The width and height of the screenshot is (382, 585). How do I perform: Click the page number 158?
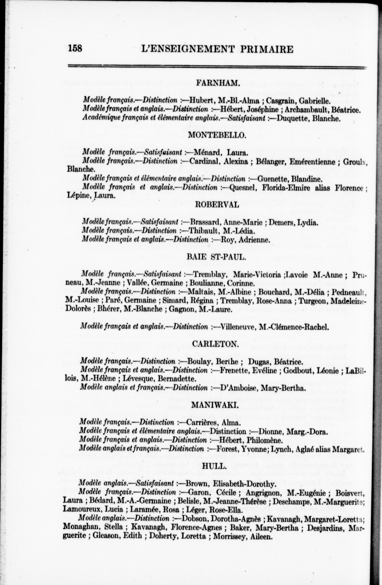point(75,48)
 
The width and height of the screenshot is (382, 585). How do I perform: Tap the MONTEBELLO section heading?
point(217,135)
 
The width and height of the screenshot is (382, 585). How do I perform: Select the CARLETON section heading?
point(215,344)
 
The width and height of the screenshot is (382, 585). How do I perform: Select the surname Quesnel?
point(244,188)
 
